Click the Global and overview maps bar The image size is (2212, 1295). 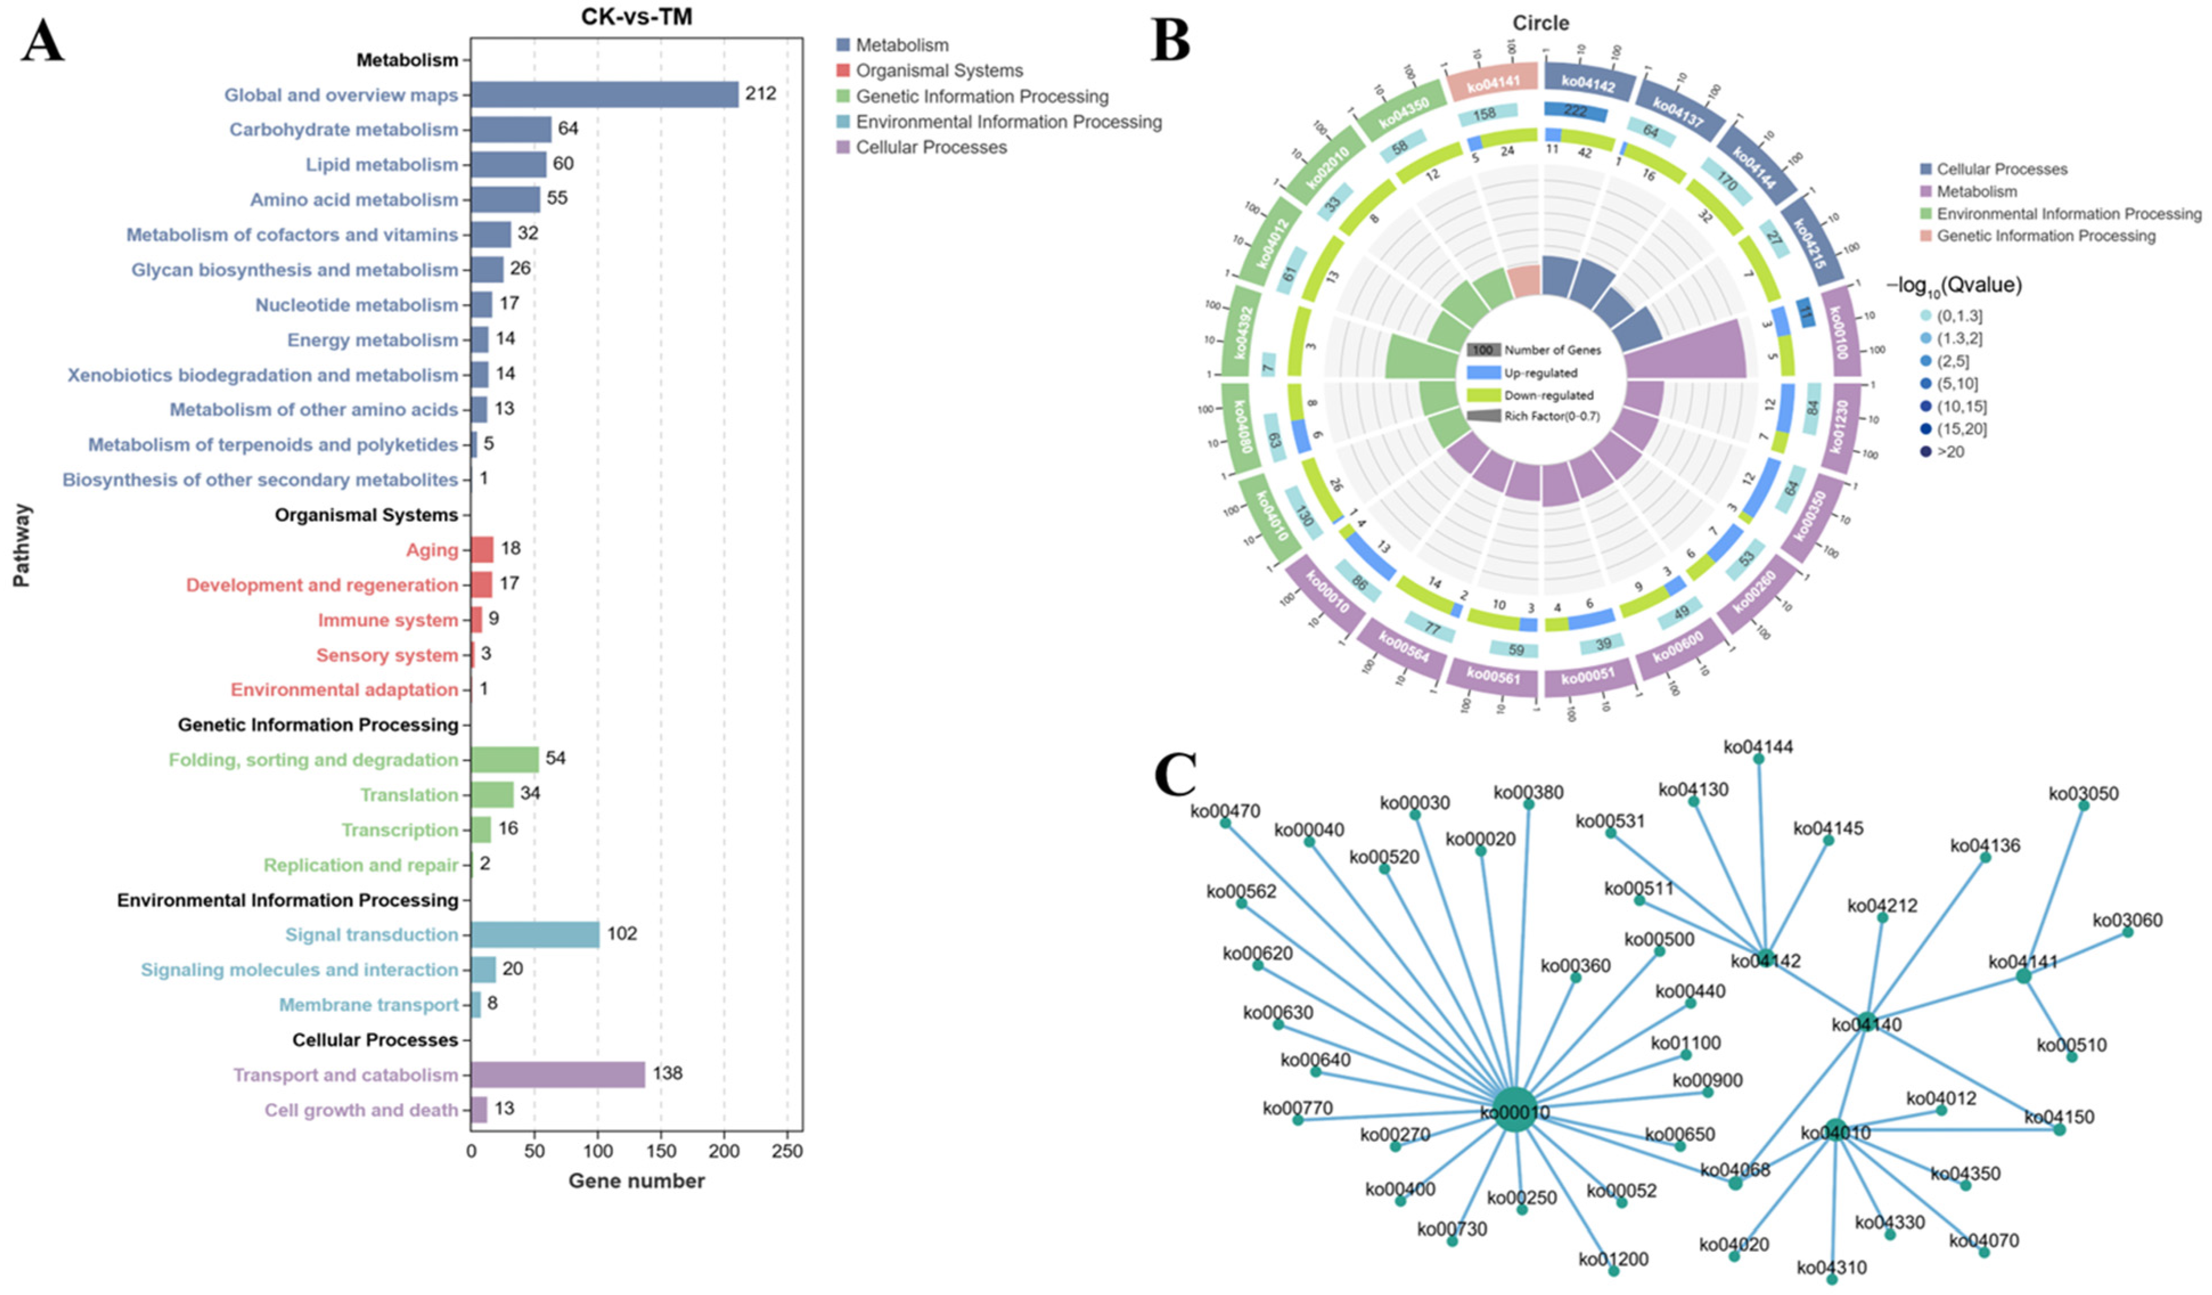tap(604, 95)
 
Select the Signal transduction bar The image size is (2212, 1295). tap(535, 934)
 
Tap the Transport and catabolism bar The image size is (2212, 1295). tap(558, 1075)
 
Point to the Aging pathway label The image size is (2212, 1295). tap(432, 550)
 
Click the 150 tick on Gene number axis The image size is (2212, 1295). tap(661, 1150)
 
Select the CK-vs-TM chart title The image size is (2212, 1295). tap(636, 17)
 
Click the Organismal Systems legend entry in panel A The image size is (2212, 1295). tap(939, 70)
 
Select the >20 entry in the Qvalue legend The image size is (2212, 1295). tap(1949, 451)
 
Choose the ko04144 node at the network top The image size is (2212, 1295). tap(1758, 758)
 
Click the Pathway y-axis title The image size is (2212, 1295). tap(21, 544)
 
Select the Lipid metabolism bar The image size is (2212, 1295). tap(508, 164)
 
